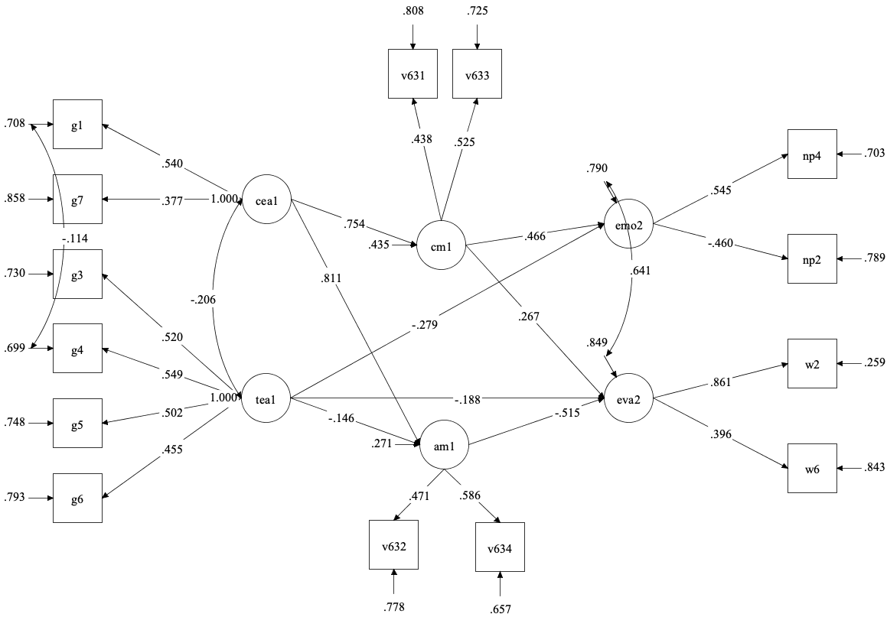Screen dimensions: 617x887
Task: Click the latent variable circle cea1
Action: [x=267, y=202]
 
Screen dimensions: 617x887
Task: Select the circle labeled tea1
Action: [x=267, y=398]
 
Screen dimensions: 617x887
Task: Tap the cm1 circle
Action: [x=442, y=246]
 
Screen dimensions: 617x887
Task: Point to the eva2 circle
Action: [x=628, y=398]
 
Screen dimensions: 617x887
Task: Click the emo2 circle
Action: [x=628, y=226]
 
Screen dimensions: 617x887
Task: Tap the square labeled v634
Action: [x=500, y=547]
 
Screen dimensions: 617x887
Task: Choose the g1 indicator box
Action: [x=77, y=124]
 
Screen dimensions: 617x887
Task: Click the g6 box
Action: [x=77, y=498]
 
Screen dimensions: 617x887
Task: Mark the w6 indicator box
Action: [x=813, y=468]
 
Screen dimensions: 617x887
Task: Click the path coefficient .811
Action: [x=331, y=278]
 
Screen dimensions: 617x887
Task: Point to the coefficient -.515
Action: [x=566, y=414]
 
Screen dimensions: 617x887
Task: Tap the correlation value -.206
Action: [x=204, y=300]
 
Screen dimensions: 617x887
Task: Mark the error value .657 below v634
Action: [x=500, y=609]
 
